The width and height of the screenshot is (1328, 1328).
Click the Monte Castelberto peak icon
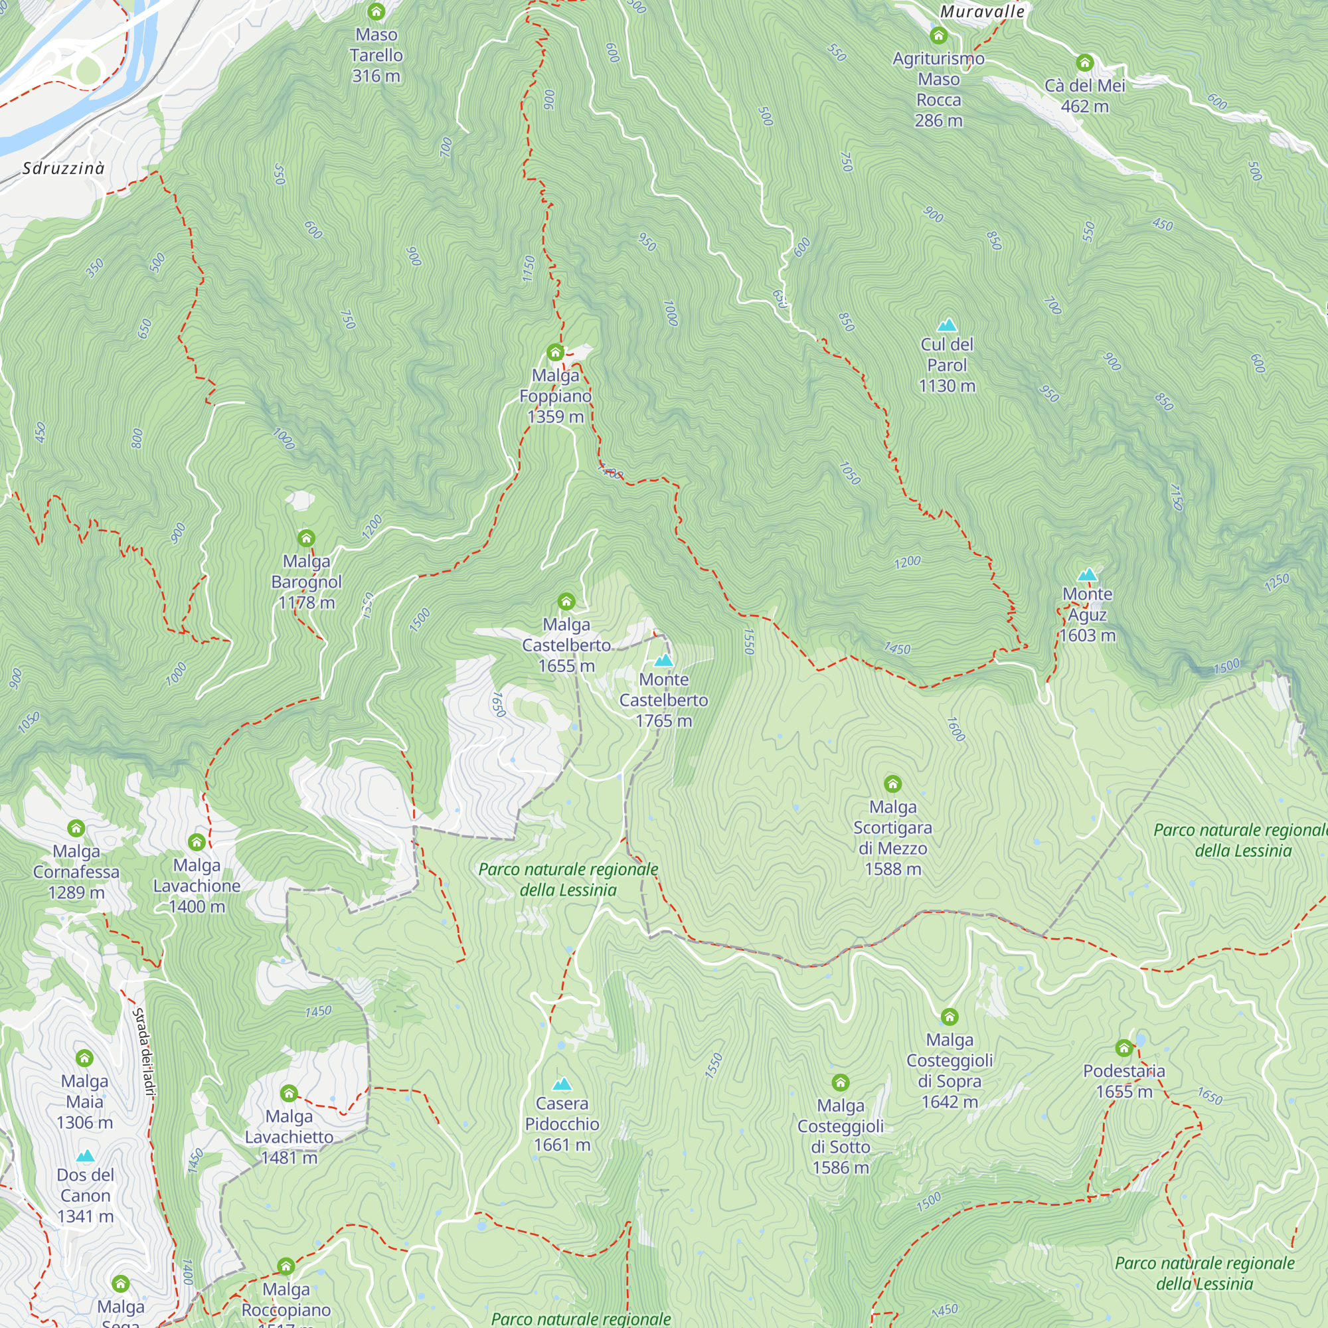[x=663, y=661]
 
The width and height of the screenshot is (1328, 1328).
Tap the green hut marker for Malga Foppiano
[x=555, y=353]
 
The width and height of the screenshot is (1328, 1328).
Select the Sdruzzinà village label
[x=63, y=169]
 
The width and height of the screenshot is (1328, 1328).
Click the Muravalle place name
[x=982, y=12]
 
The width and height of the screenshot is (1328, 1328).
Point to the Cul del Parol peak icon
[x=948, y=325]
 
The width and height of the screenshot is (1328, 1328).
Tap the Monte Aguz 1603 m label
[x=1088, y=614]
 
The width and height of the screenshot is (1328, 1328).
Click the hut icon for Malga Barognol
[x=307, y=539]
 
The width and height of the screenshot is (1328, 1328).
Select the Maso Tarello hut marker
[x=376, y=12]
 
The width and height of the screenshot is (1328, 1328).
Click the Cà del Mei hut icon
[x=1085, y=62]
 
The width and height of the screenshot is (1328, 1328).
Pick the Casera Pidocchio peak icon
[x=562, y=1084]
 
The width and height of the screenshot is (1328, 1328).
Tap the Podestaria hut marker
[x=1124, y=1048]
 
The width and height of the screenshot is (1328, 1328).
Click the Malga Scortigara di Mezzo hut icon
[x=893, y=784]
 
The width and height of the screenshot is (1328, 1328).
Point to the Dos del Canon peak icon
[x=85, y=1155]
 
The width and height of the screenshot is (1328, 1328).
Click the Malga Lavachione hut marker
[x=197, y=842]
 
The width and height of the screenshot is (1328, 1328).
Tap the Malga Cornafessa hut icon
[x=76, y=828]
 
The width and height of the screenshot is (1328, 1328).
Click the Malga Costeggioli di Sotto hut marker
[x=841, y=1083]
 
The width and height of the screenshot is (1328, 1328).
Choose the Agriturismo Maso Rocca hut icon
[x=939, y=35]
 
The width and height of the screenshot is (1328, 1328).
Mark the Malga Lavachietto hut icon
[x=290, y=1093]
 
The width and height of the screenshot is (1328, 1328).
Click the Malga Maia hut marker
[x=84, y=1058]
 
